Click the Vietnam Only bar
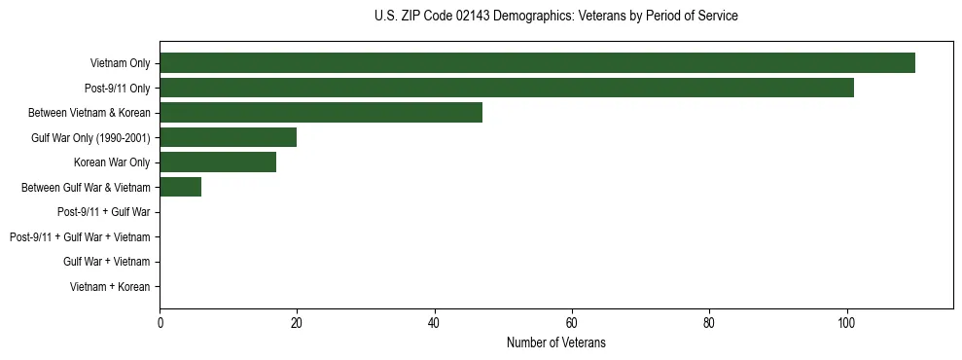tap(537, 62)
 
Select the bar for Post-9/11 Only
tap(506, 88)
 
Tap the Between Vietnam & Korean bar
tap(321, 112)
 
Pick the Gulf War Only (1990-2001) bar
tap(228, 137)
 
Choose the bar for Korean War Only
tap(218, 162)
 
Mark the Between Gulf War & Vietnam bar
tap(180, 187)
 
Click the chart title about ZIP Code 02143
tap(555, 17)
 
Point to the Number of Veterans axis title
tap(555, 342)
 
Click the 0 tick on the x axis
tap(160, 323)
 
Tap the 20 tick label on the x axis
tap(297, 323)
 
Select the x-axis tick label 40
tap(434, 323)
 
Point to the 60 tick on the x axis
tap(572, 323)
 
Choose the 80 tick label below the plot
tap(709, 323)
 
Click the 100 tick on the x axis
tap(846, 323)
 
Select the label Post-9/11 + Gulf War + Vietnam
tap(79, 236)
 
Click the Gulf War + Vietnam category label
tap(106, 262)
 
